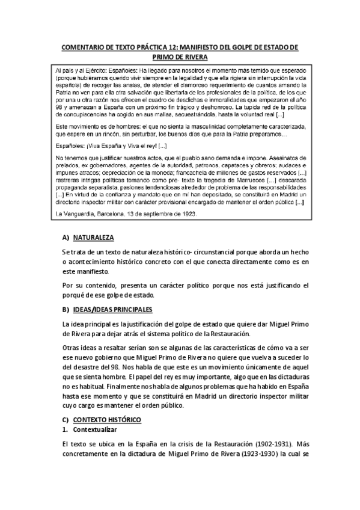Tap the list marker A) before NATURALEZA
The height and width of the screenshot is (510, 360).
coord(66,238)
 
